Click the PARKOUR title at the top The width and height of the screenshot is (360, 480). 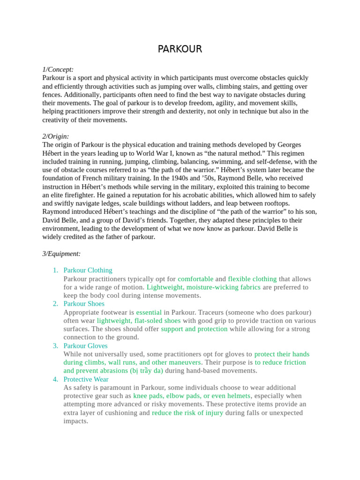pyautogui.click(x=180, y=49)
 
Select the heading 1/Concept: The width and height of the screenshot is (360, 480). pyautogui.click(x=58, y=69)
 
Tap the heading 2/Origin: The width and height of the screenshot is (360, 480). pyautogui.click(x=56, y=136)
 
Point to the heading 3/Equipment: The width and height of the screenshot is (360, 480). pyautogui.click(x=61, y=254)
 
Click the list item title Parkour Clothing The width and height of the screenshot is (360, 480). pyautogui.click(x=88, y=270)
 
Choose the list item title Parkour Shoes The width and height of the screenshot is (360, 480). pyautogui.click(x=84, y=304)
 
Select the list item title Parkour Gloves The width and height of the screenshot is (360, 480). pyautogui.click(x=85, y=346)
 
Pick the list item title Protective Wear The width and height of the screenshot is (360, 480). pyautogui.click(x=86, y=379)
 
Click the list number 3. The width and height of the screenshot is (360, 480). pyautogui.click(x=55, y=346)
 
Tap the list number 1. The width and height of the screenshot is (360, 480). pyautogui.click(x=55, y=270)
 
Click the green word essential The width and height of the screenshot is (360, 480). pyautogui.click(x=149, y=312)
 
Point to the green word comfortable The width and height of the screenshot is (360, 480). pyautogui.click(x=195, y=279)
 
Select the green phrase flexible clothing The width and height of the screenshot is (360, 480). pyautogui.click(x=252, y=279)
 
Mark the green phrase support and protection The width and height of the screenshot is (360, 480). pyautogui.click(x=194, y=329)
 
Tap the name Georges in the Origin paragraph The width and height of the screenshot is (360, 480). pyautogui.click(x=289, y=145)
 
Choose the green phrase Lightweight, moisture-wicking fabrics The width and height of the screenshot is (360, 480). pyautogui.click(x=203, y=287)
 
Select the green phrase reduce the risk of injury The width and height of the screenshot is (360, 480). pyautogui.click(x=187, y=413)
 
